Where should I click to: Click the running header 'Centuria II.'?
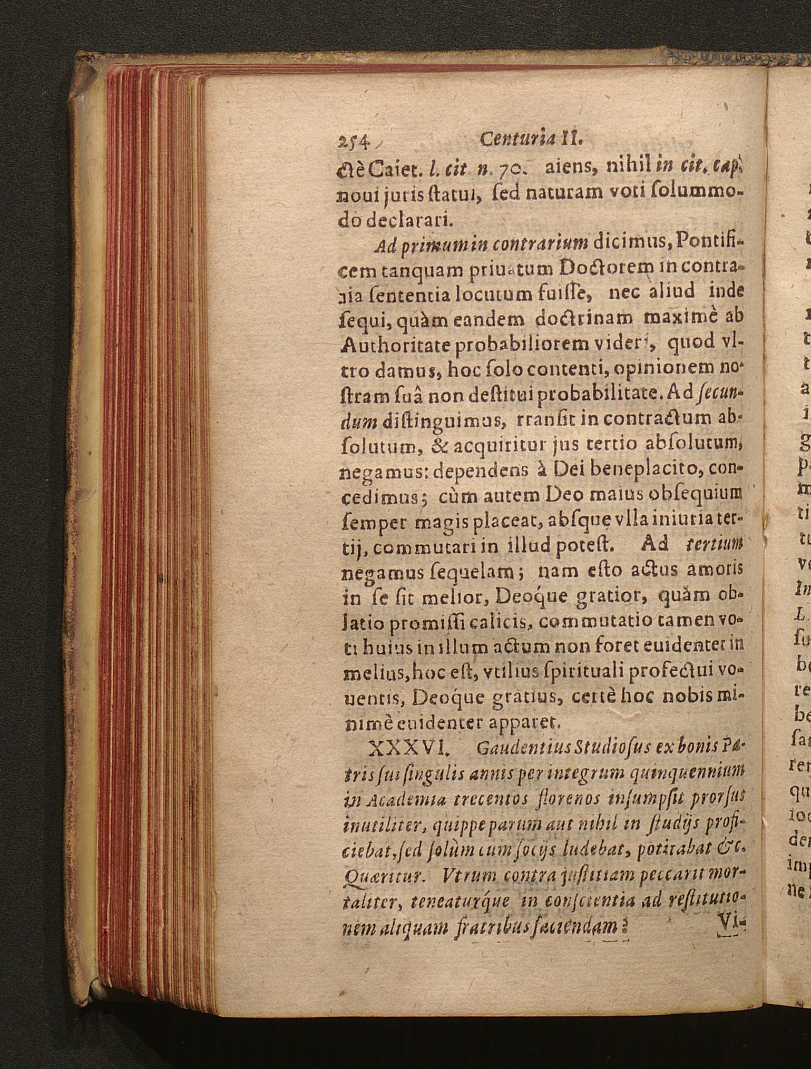(532, 140)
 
